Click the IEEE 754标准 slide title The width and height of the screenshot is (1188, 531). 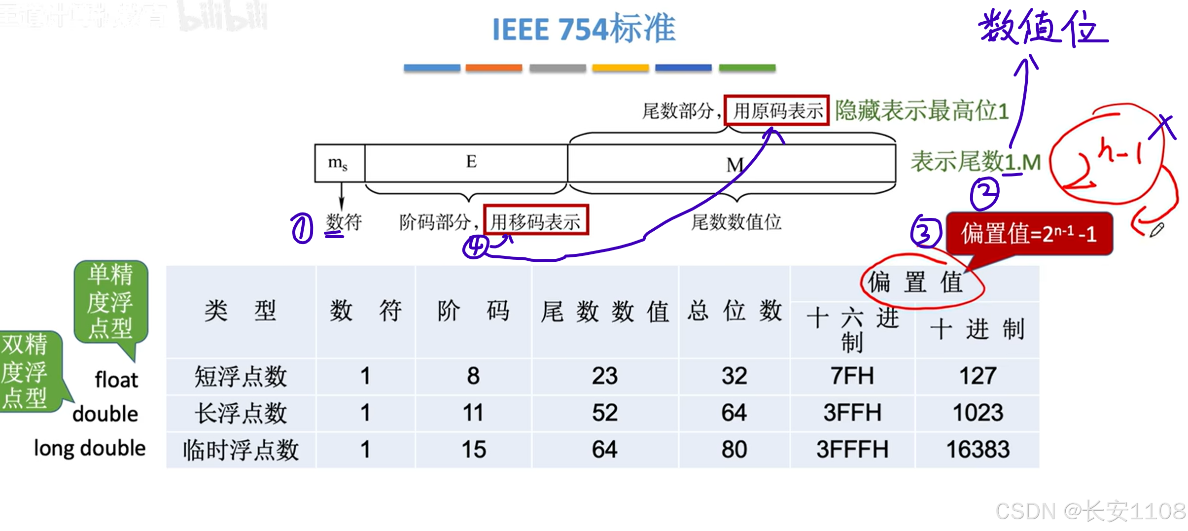click(584, 29)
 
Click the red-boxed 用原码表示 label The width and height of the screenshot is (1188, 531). click(777, 110)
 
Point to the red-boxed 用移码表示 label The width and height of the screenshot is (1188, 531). click(536, 221)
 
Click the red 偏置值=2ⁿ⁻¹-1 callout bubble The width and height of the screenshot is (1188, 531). click(1029, 234)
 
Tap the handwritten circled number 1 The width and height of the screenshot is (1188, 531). click(302, 228)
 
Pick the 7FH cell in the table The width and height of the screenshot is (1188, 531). click(852, 376)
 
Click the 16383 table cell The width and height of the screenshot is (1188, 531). click(978, 450)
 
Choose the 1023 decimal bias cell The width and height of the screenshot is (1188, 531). click(978, 413)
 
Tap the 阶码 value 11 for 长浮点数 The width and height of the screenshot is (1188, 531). click(473, 413)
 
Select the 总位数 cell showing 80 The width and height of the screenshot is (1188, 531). click(734, 450)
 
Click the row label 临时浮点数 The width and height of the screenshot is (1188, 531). click(241, 450)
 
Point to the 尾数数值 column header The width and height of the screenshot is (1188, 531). click(605, 312)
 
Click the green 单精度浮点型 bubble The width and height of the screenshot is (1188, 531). click(110, 301)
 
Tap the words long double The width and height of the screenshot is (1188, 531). click(90, 448)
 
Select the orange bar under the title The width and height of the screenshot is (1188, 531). click(493, 68)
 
